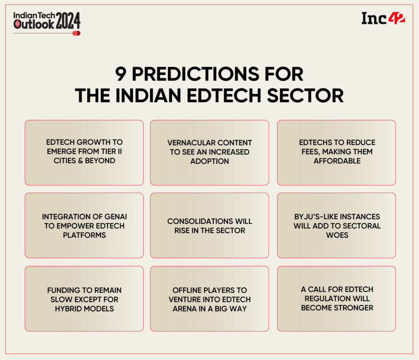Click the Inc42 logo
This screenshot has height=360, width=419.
(x=383, y=18)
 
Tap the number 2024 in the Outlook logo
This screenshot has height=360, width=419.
(x=68, y=20)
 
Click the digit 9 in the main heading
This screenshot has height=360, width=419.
(x=121, y=74)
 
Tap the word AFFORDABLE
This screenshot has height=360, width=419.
(x=337, y=161)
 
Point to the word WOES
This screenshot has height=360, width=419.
(x=337, y=235)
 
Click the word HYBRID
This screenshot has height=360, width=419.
(x=68, y=308)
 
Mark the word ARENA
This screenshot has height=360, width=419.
(x=184, y=308)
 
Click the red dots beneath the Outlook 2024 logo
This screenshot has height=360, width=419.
(x=76, y=33)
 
